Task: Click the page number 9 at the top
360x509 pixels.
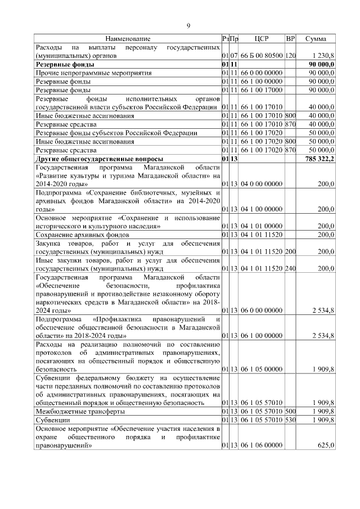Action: (x=188, y=25)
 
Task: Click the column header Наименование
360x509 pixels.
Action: (x=128, y=39)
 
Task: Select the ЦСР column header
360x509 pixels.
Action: (x=262, y=39)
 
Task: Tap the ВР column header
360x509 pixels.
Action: (x=290, y=39)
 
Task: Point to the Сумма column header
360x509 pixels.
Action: (x=316, y=39)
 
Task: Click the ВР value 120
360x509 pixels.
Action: (x=290, y=56)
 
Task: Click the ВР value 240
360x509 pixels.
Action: (x=290, y=269)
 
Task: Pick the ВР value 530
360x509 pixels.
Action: (x=290, y=420)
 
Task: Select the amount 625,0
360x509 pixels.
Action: (x=326, y=445)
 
